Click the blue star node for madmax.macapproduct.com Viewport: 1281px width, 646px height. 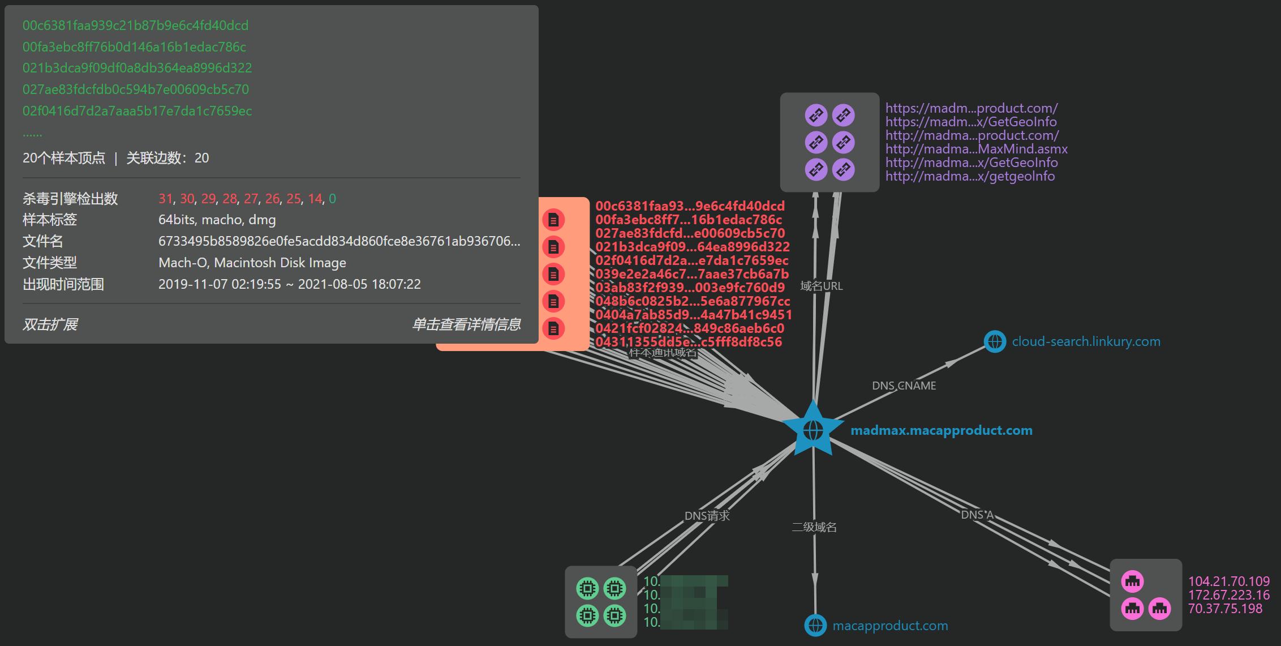pos(813,430)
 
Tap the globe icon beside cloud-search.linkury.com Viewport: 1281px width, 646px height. pos(995,341)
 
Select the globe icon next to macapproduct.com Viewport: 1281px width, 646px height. pos(815,626)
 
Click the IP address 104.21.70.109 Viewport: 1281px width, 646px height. pos(1228,581)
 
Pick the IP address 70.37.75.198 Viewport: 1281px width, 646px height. pos(1225,609)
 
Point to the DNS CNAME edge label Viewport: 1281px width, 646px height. pos(904,386)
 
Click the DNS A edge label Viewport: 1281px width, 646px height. pos(977,515)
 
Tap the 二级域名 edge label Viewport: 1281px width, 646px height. pos(814,527)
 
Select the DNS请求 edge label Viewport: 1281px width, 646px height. pos(707,516)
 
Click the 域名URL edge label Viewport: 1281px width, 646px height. pos(821,286)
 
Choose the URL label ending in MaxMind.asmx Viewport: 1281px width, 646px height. pos(976,149)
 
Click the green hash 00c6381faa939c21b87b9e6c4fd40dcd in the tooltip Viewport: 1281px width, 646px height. pos(135,25)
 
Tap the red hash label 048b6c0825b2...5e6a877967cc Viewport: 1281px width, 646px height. pos(693,301)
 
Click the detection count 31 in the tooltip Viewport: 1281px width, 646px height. pos(165,199)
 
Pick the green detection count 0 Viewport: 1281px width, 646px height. pos(332,199)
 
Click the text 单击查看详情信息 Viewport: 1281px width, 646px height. pos(466,324)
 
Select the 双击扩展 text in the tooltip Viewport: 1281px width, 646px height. pos(50,324)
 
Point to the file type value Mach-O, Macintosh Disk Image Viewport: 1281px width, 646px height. pos(252,263)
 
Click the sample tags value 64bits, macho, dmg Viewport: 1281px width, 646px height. pos(217,220)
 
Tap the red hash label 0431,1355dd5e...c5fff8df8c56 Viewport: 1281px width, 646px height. pos(689,342)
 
